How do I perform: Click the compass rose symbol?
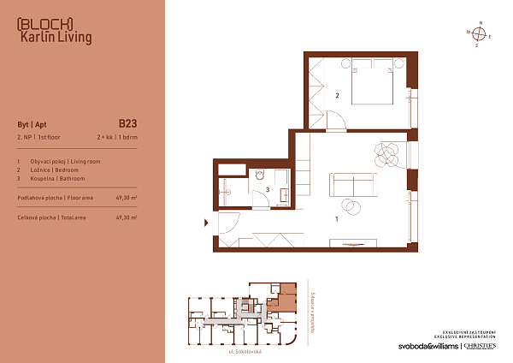coord(481,34)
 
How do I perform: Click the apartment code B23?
coord(127,122)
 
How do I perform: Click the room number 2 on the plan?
coord(338,96)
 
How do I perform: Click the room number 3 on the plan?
coord(268,189)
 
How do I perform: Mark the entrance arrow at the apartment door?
coord(205,223)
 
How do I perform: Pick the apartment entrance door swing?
coord(227,223)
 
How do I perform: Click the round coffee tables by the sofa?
coord(351,205)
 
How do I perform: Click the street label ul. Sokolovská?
coord(245,352)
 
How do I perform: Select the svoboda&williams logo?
coord(427,346)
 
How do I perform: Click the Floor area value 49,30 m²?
coord(126,197)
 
